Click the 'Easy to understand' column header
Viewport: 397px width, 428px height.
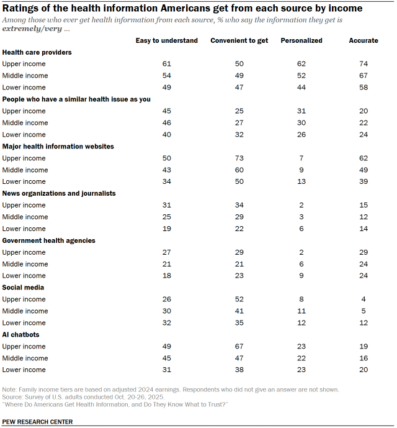coord(167,40)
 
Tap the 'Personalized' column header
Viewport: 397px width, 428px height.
coord(301,40)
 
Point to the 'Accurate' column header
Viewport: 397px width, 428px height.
coord(363,40)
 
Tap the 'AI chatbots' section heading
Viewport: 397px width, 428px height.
coord(21,335)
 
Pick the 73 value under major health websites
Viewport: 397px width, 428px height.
coord(238,158)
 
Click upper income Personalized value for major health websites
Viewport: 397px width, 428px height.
coord(301,158)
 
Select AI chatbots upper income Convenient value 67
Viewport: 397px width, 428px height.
coord(238,347)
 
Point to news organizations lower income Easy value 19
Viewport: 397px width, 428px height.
coord(166,229)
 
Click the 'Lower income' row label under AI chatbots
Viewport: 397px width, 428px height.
coord(24,370)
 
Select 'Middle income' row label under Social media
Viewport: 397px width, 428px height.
coord(25,311)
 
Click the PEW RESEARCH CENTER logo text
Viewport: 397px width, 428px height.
coord(37,422)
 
